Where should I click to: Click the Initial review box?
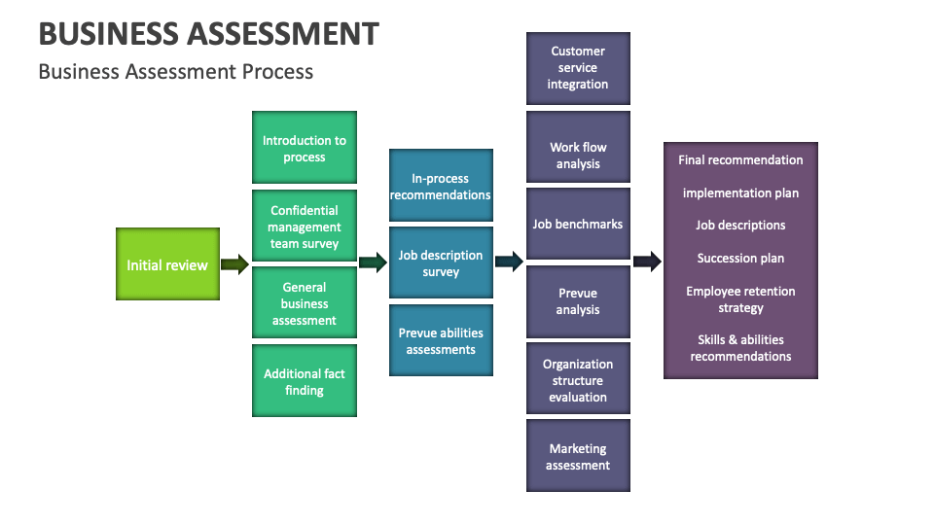point(167,264)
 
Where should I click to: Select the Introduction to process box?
point(305,148)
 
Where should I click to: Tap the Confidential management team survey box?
point(305,227)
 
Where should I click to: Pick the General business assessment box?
point(305,303)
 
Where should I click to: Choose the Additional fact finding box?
point(305,381)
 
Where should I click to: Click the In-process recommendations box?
point(441,186)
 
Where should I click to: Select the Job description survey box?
point(441,263)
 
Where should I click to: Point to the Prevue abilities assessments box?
point(441,340)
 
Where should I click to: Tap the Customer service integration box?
point(578,68)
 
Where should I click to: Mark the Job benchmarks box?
point(578,225)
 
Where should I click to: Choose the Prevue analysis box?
point(578,301)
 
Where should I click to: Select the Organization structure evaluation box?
point(578,379)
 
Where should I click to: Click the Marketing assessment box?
point(578,456)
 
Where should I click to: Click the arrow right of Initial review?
point(234,264)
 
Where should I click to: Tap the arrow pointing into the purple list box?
point(647,261)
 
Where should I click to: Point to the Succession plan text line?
point(740,259)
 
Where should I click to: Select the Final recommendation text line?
point(740,160)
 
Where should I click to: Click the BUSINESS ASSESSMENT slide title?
point(208,34)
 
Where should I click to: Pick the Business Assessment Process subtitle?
point(176,72)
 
